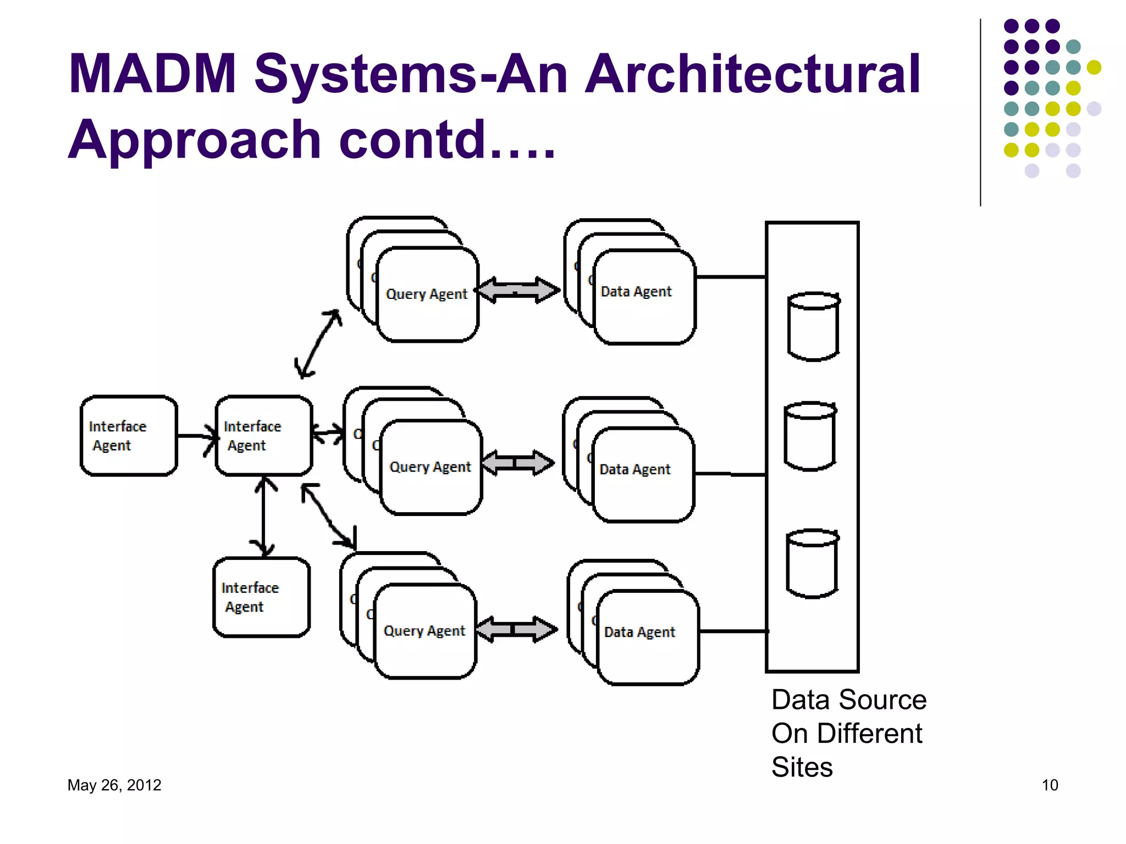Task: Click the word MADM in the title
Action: [152, 74]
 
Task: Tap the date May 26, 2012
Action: [114, 785]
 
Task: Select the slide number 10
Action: [1050, 785]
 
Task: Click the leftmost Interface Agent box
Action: [129, 435]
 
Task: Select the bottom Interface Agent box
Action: [261, 597]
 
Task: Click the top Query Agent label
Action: [427, 294]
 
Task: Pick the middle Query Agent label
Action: [430, 467]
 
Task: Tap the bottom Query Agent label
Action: [424, 630]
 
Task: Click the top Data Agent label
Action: [636, 291]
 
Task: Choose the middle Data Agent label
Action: [635, 469]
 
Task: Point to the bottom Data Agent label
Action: [639, 632]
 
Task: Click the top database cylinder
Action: [813, 326]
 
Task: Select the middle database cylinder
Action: [810, 436]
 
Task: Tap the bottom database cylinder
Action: [812, 563]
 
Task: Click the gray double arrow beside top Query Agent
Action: [517, 290]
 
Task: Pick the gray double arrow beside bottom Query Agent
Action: [516, 629]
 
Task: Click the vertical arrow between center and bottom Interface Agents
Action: [264, 517]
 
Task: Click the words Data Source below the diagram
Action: [848, 699]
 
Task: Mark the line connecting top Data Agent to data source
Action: [731, 277]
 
